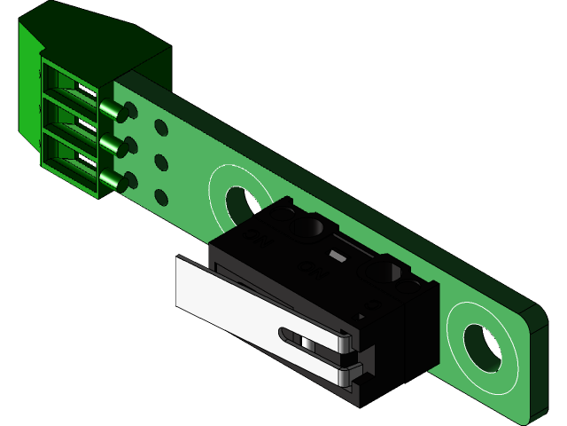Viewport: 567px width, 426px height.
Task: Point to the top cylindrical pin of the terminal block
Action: pos(112,110)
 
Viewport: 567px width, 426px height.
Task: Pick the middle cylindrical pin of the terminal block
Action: pos(112,145)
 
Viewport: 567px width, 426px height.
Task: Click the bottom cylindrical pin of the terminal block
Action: pos(112,180)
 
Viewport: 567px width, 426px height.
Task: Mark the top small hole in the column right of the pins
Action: pos(160,129)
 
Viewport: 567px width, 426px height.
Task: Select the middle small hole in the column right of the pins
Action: pos(160,162)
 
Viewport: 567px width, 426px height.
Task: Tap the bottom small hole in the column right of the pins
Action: pos(160,197)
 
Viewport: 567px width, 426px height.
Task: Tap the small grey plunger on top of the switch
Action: pos(336,256)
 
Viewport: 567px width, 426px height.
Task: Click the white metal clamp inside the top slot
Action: pos(86,91)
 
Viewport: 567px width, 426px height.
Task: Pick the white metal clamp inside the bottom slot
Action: pos(86,158)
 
